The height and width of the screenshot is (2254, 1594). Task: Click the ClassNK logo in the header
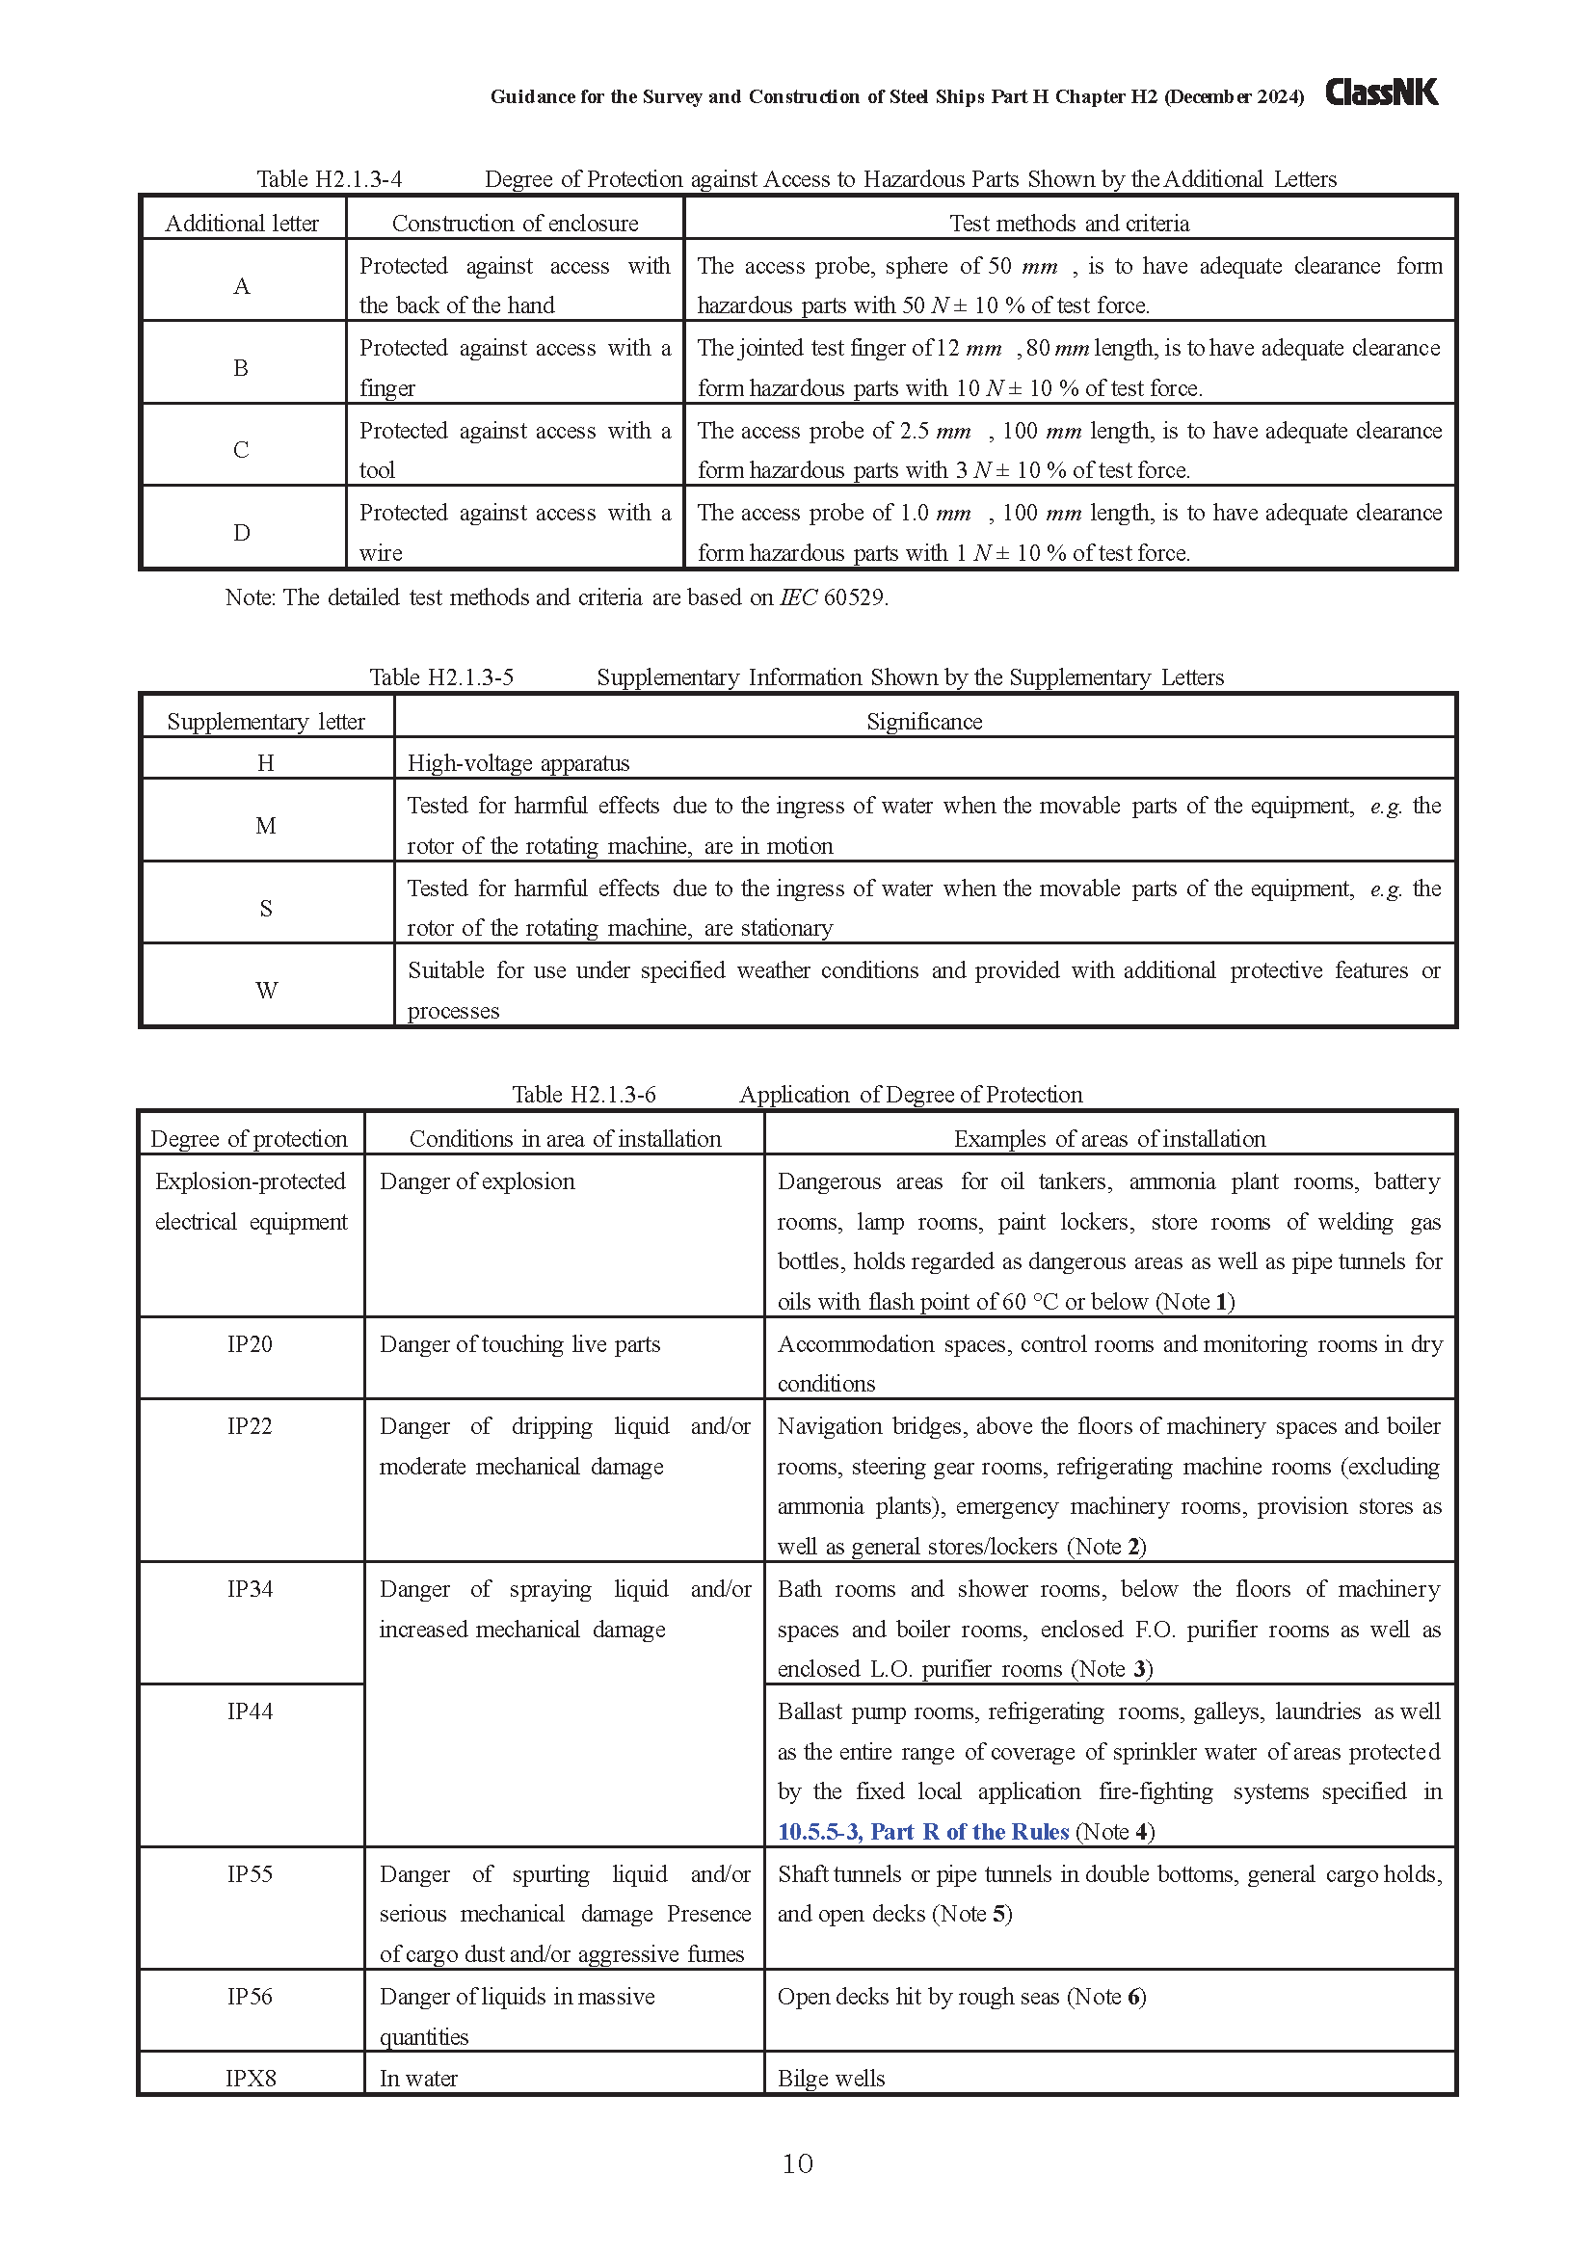pyautogui.click(x=1381, y=93)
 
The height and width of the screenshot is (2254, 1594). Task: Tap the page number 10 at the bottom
pyautogui.click(x=797, y=2162)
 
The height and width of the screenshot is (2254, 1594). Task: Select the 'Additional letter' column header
pyautogui.click(x=242, y=224)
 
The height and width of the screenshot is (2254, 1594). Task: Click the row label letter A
pyautogui.click(x=242, y=285)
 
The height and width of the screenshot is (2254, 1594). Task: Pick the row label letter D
pyautogui.click(x=242, y=533)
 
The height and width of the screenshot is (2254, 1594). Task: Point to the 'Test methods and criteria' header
pyautogui.click(x=1069, y=224)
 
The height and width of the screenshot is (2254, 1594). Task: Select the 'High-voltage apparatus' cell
pyautogui.click(x=518, y=763)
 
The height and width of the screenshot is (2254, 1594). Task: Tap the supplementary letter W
pyautogui.click(x=266, y=991)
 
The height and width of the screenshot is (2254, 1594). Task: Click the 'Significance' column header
pyautogui.click(x=923, y=722)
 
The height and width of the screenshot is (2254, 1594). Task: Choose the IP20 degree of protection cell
pyautogui.click(x=251, y=1344)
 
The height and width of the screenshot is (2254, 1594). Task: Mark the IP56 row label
pyautogui.click(x=251, y=1996)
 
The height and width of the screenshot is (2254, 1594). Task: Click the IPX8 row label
pyautogui.click(x=251, y=2078)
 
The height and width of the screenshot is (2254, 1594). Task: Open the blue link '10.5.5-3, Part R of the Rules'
pyautogui.click(x=922, y=1831)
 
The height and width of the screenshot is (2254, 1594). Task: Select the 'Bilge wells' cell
pyautogui.click(x=832, y=2079)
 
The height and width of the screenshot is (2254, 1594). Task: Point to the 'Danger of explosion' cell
pyautogui.click(x=477, y=1181)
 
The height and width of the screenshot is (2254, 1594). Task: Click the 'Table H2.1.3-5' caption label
pyautogui.click(x=440, y=677)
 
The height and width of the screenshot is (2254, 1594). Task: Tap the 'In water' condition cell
pyautogui.click(x=419, y=2079)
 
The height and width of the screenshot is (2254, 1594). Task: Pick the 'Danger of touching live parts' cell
pyautogui.click(x=520, y=1344)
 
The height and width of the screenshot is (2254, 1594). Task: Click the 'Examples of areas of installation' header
pyautogui.click(x=1109, y=1139)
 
